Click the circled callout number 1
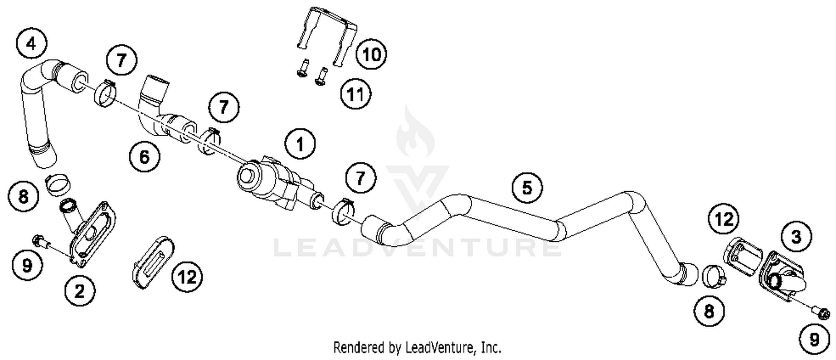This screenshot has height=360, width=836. [x=300, y=145]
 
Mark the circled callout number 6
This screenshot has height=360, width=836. [x=144, y=158]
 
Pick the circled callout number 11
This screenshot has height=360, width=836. [x=356, y=95]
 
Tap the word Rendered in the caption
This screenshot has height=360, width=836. [x=358, y=348]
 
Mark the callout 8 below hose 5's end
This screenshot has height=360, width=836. [x=709, y=311]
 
